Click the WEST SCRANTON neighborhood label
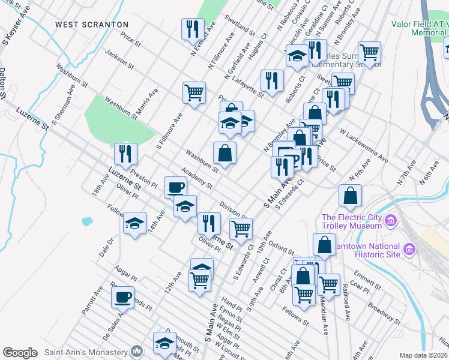[92, 25]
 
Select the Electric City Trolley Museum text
[352, 221]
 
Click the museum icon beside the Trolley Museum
[391, 221]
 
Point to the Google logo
[20, 353]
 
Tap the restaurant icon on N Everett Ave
[193, 29]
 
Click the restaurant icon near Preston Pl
[125, 154]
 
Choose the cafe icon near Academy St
[175, 187]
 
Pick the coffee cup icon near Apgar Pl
[122, 296]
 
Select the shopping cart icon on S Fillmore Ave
[194, 92]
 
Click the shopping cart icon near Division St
[241, 228]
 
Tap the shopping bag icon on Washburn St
[224, 152]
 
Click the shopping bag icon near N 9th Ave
[350, 196]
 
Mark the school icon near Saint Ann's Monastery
[164, 343]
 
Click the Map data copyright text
[424, 355]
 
